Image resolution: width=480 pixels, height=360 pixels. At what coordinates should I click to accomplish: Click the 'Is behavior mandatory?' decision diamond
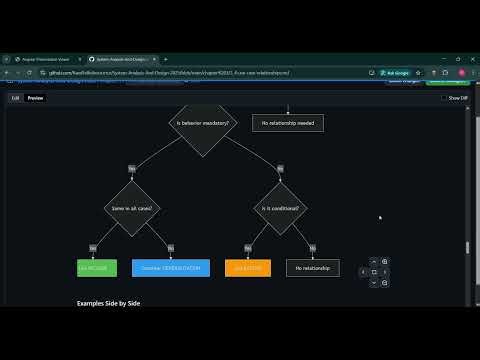pos(203,124)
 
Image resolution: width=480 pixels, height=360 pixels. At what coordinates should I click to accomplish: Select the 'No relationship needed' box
pos(287,124)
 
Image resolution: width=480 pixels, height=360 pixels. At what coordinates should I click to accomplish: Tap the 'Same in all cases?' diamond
pos(132,208)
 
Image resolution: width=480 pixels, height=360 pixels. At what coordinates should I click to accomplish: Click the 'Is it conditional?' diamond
pos(279,208)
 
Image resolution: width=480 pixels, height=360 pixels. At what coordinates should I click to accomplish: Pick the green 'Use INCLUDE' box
pos(97,268)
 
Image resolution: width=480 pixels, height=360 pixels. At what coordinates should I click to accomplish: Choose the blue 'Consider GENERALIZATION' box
pos(171,268)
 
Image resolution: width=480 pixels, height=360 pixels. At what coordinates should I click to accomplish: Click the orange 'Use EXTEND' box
pos(248,268)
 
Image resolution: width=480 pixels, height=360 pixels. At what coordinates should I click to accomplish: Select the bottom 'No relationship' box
pos(312,268)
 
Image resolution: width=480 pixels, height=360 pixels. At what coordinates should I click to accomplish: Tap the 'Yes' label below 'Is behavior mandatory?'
pos(132,169)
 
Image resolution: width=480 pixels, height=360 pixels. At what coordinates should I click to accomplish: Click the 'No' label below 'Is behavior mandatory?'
pos(279,169)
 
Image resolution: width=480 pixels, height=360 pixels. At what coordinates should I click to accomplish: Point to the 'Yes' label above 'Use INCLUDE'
pos(93,247)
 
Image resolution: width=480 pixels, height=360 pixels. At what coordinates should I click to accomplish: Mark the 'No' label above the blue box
pos(171,247)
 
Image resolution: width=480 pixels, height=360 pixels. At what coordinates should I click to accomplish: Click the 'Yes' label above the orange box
pos(242,247)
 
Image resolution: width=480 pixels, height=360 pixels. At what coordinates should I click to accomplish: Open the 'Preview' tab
pos(35,98)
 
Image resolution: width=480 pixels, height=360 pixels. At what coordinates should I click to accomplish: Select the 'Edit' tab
pos(16,98)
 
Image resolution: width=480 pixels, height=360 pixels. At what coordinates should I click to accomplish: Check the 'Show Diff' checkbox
pos(444,98)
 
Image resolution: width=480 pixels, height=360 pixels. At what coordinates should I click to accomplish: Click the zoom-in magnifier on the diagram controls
pos(385,262)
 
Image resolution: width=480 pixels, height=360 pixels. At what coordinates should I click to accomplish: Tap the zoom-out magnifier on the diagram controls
pos(385,283)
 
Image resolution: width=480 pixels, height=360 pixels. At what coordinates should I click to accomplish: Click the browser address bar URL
pos(170,72)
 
